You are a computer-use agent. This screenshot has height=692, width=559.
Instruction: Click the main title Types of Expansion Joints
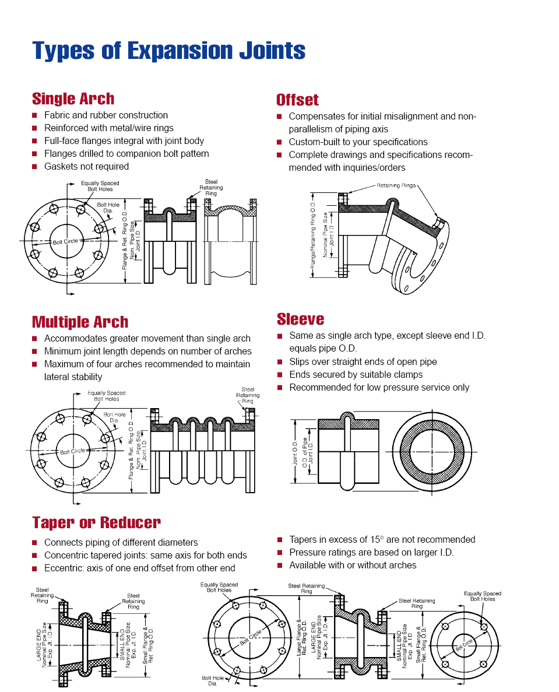168,51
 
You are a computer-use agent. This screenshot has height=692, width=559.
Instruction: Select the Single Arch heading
73,99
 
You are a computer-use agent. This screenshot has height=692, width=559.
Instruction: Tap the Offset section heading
297,100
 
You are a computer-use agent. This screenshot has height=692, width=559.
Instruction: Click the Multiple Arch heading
80,322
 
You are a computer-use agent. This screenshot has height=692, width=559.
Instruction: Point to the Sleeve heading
300,319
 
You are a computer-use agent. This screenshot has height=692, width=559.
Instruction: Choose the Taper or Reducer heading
96,522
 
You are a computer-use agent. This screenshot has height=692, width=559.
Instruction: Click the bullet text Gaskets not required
86,166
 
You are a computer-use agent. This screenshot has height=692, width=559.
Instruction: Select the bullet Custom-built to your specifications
358,142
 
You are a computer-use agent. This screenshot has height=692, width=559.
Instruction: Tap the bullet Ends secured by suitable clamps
356,374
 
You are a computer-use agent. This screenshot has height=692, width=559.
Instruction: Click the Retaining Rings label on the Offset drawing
400,185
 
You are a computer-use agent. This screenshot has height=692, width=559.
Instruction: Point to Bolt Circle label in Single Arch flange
65,241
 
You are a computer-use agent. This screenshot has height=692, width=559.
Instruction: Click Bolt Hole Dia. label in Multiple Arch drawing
114,417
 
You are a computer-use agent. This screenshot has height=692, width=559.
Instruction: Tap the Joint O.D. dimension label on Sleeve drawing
295,452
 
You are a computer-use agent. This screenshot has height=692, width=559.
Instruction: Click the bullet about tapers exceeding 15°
382,539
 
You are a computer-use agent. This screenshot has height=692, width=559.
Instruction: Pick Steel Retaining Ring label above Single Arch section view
210,188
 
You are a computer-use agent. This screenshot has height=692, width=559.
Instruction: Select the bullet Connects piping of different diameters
121,542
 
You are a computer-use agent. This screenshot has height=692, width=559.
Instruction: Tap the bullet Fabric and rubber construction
106,115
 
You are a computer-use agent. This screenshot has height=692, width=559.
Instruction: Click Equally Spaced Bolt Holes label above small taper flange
482,596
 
